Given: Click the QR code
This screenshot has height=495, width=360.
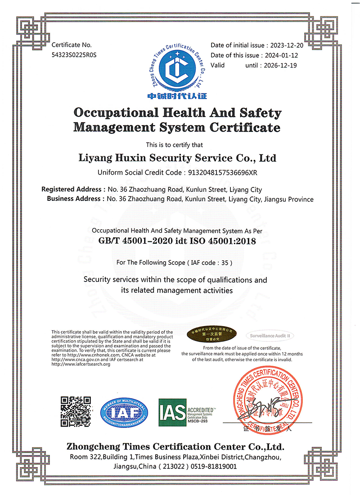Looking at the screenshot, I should pos(76,411).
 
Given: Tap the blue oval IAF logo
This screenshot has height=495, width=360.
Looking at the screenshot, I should pos(124,411).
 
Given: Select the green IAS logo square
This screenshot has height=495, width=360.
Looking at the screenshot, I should pos(173,410).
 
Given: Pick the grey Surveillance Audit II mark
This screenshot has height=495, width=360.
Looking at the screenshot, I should pos(270,336).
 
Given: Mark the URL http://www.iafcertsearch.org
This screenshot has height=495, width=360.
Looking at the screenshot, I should pos(81,364).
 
